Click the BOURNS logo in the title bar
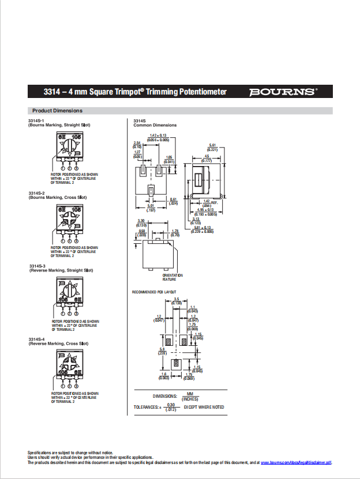283,92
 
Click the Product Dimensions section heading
57,111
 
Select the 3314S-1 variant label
36,120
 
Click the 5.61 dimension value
212,145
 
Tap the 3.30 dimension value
141,221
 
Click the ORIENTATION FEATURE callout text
173,277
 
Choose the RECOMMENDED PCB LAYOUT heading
154,292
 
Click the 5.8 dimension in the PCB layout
162,349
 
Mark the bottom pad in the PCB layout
177,364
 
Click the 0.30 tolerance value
170,405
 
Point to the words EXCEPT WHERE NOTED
204,408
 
